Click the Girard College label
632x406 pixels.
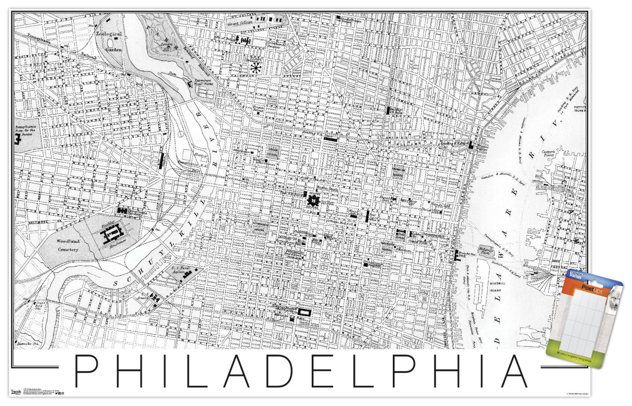pos(240,23)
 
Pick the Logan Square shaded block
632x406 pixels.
pos(272,151)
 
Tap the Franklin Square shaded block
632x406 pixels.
pos(398,172)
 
